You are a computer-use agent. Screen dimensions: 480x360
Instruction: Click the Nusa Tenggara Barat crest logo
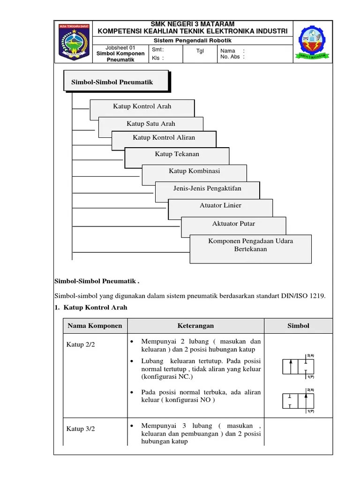click(x=73, y=42)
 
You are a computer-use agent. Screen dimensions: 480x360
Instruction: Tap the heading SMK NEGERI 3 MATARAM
click(x=192, y=24)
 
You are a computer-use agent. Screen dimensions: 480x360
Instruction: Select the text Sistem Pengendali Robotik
click(x=192, y=40)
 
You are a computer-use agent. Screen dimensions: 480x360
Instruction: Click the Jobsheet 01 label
click(x=120, y=48)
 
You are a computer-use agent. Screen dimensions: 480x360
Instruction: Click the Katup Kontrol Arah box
click(x=142, y=106)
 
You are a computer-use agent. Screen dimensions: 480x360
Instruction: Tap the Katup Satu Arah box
click(x=150, y=124)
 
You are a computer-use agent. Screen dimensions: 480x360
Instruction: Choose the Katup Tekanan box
click(x=177, y=154)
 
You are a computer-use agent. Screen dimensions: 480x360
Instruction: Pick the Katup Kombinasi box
click(x=194, y=171)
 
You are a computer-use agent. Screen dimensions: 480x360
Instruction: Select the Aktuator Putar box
click(x=233, y=224)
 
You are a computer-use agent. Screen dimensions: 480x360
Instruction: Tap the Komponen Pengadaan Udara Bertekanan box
click(x=250, y=245)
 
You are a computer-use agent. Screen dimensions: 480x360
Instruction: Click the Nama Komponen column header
click(x=95, y=326)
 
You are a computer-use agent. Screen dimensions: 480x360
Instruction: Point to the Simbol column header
click(x=298, y=326)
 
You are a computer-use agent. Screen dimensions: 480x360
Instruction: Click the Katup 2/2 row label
click(x=81, y=345)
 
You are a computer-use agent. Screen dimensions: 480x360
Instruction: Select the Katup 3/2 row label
click(x=81, y=428)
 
